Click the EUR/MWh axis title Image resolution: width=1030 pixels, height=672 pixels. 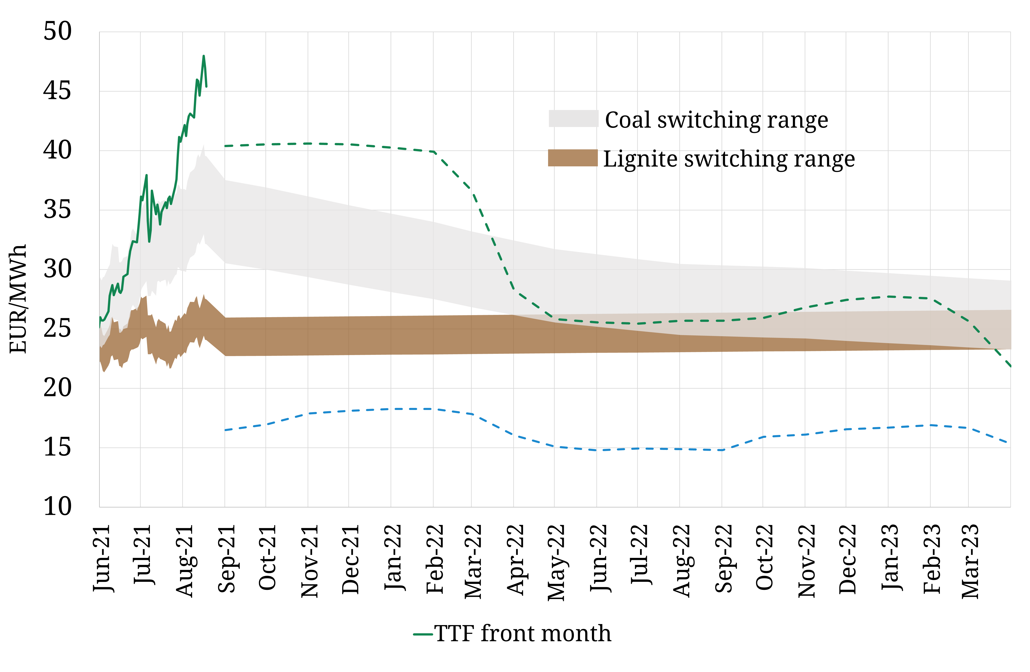(18, 299)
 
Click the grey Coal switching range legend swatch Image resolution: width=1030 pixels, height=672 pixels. (573, 119)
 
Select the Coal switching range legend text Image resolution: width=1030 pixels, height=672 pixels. (716, 120)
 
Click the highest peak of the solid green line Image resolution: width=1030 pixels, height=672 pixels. (204, 56)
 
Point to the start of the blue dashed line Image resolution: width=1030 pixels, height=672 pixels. (225, 430)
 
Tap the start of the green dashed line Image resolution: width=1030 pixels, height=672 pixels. (225, 146)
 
